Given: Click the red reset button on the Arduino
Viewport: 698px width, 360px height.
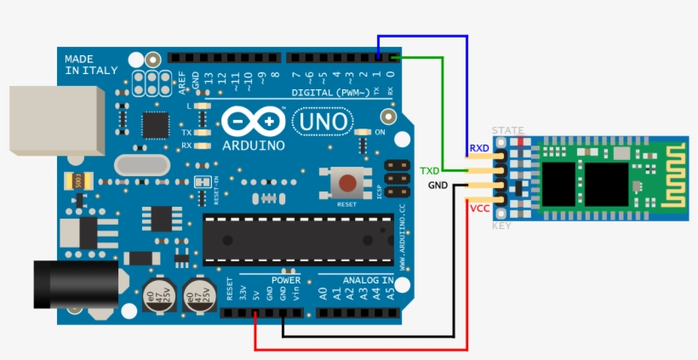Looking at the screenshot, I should [347, 182].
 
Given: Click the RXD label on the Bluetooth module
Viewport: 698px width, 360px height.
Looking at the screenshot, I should [479, 149].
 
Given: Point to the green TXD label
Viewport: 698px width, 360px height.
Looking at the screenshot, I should [430, 171].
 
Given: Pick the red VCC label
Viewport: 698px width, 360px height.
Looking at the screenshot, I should [479, 208].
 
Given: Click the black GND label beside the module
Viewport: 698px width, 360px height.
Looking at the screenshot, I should [438, 185].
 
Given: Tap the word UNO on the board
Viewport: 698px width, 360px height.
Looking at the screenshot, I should [323, 123].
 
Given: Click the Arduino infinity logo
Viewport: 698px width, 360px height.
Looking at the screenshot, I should [253, 122].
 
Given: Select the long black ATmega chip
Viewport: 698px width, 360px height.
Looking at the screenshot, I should [298, 237].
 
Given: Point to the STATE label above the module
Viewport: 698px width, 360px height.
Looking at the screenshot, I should [508, 130].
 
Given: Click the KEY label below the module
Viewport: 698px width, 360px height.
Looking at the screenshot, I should [502, 226].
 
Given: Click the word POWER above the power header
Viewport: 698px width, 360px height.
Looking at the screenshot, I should [286, 279].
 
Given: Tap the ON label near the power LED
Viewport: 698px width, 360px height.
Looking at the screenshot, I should [380, 133].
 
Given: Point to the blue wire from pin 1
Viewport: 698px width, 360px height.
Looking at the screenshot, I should [466, 85].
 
